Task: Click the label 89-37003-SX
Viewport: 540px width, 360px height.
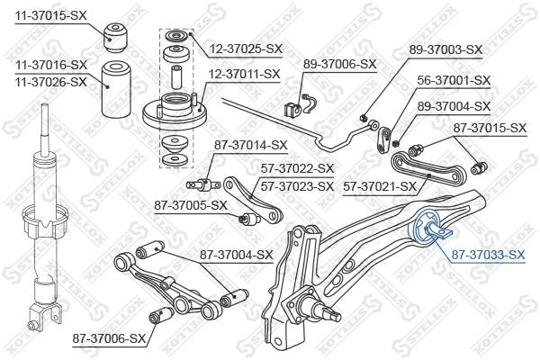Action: (445, 49)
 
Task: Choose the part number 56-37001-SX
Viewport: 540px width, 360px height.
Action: (454, 80)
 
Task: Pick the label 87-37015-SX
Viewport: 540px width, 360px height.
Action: (487, 129)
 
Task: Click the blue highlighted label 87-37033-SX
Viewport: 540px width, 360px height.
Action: (486, 256)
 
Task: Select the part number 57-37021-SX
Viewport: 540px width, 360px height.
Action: (379, 186)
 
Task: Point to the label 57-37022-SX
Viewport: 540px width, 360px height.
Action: (296, 167)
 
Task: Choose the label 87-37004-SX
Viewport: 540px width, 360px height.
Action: (235, 255)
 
